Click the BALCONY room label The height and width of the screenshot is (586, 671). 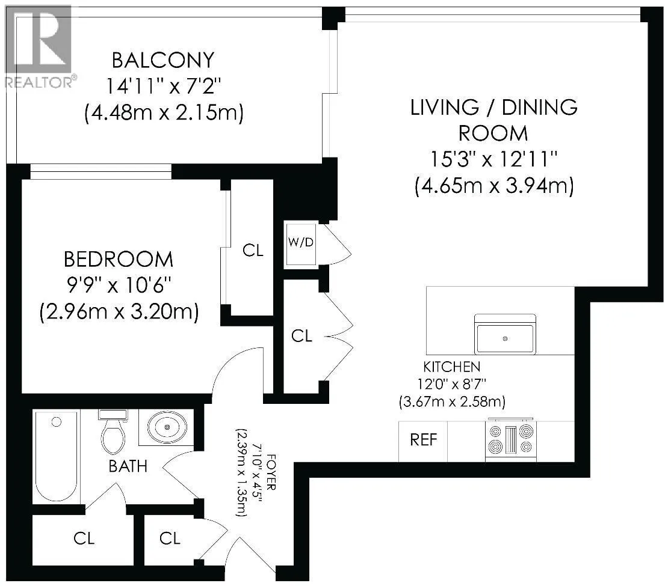[x=163, y=60]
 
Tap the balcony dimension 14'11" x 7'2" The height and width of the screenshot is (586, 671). [x=164, y=87]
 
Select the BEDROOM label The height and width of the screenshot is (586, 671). [x=119, y=260]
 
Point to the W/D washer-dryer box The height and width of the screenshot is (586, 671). [x=301, y=244]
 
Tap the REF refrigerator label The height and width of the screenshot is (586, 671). [x=424, y=440]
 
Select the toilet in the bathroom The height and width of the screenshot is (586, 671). [x=113, y=432]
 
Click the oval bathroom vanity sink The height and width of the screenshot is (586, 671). [x=167, y=427]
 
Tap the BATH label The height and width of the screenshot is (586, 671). [x=128, y=466]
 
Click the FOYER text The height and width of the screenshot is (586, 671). [x=271, y=472]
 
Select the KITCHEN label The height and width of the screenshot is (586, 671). [x=452, y=367]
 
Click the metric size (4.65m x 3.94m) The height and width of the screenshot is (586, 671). [x=494, y=186]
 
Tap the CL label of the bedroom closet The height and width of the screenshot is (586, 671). [x=253, y=251]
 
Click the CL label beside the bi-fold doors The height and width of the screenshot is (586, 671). [x=301, y=336]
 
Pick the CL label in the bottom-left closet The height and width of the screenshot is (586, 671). [x=84, y=538]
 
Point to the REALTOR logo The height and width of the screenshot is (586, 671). [x=39, y=46]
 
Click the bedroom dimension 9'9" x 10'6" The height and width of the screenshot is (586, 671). [x=119, y=285]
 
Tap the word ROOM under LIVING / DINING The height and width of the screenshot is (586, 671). [x=493, y=133]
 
